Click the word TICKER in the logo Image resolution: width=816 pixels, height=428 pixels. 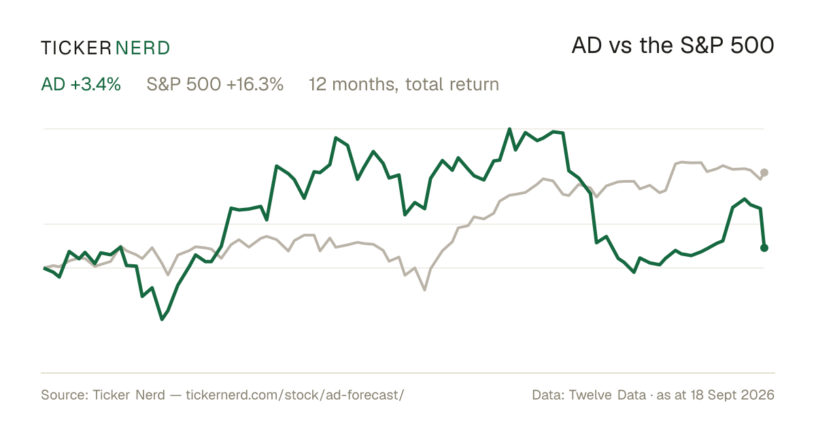coord(76,48)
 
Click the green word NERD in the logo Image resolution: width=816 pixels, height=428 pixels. coord(143,48)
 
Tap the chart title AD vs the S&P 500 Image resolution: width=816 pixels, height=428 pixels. coord(673,46)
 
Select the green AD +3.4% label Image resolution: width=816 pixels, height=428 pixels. coord(81,84)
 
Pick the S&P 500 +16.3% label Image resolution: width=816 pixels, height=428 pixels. coord(215,84)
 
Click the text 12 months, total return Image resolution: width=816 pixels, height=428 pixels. coord(404,85)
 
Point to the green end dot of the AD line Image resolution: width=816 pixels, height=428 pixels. coord(764,248)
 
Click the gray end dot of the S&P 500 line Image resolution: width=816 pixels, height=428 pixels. coord(764,173)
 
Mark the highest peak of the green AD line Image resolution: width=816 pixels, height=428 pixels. coord(509,129)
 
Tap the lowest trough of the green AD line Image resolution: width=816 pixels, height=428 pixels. coord(162,319)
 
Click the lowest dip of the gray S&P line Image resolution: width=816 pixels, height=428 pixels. coord(424,290)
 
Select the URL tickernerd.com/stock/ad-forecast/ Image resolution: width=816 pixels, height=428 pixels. coord(295,395)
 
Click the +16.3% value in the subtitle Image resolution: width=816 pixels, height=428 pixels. coord(254,84)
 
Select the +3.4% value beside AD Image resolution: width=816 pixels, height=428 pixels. coord(95,84)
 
